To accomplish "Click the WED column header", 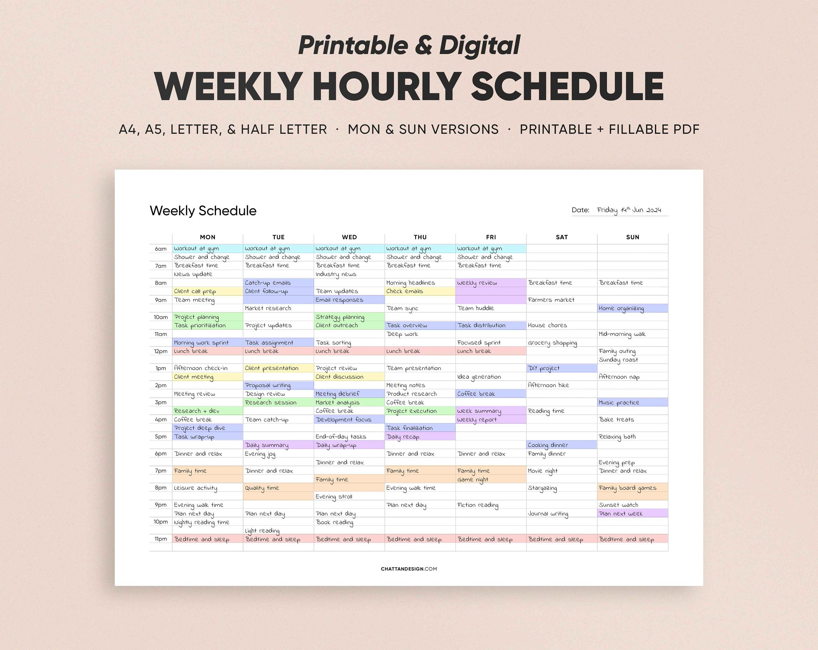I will click(349, 237).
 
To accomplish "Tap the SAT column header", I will click(561, 237).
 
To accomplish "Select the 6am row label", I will click(161, 249).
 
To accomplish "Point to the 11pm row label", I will click(161, 539).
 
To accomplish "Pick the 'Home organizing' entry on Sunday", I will click(621, 308).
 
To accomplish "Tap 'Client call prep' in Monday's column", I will click(195, 291).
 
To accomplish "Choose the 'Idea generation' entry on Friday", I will click(479, 377).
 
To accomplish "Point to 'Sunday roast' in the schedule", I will click(618, 360).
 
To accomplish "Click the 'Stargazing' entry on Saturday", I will click(542, 488).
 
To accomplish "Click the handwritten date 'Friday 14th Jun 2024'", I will click(629, 210).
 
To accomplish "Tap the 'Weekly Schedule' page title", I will click(203, 211).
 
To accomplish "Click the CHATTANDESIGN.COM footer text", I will click(409, 569).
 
